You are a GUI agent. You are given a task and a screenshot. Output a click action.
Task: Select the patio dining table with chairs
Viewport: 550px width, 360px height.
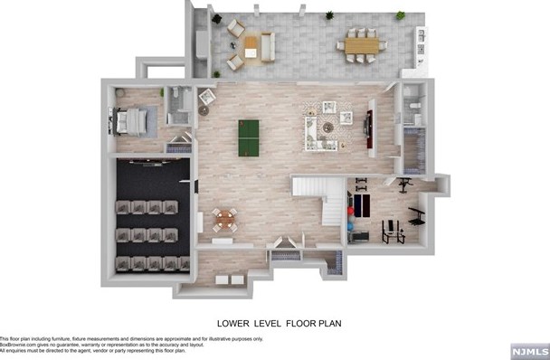point(362,44)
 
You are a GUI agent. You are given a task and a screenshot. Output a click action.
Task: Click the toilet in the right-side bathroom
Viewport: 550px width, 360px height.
point(412,109)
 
